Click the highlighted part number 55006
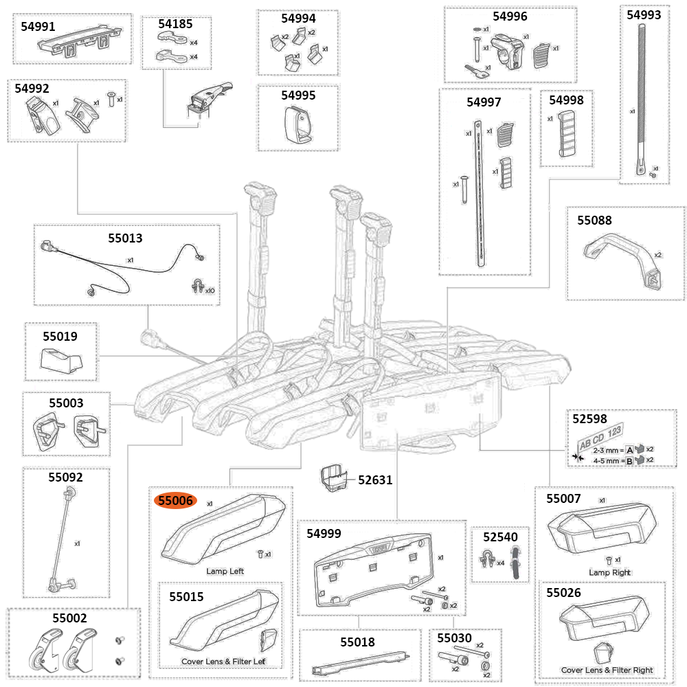point(177,501)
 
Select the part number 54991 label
point(40,26)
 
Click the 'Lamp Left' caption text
point(225,571)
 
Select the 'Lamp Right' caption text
point(609,572)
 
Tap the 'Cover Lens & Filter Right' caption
point(607,670)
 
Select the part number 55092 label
point(65,475)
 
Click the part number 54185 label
point(175,23)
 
